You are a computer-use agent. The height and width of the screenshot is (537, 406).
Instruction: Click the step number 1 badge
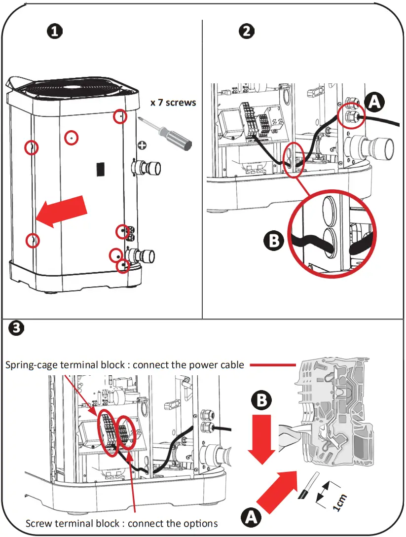click(55, 32)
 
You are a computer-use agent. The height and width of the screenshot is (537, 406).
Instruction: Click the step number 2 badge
click(247, 32)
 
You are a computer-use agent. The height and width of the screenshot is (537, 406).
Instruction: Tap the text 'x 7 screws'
click(173, 103)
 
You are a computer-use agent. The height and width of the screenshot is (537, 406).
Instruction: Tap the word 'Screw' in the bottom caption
click(38, 523)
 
